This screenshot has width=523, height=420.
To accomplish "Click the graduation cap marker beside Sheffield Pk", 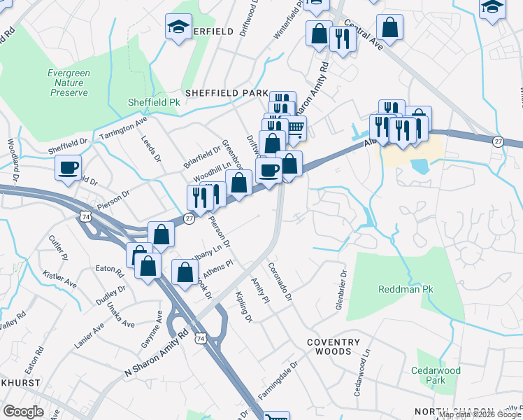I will pos(178,28).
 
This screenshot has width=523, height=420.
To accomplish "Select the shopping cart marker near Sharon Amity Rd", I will pos(295,128).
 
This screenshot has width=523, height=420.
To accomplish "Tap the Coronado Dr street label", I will pos(279,283).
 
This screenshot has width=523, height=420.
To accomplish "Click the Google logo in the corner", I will pos(23,412).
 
